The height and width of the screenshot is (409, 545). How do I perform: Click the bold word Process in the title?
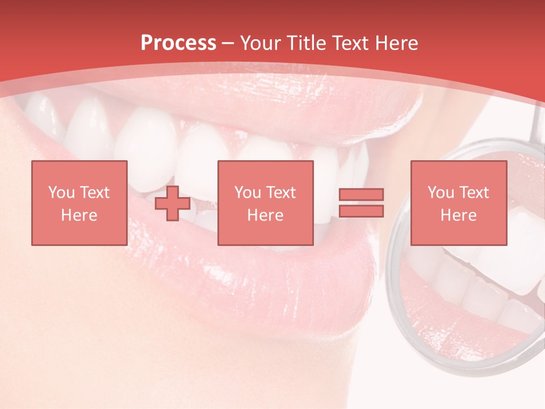[x=178, y=43]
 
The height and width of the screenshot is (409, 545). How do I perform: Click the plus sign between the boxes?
[x=173, y=203]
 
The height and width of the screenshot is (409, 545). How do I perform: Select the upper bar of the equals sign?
[x=361, y=195]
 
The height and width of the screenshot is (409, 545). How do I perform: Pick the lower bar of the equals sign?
[x=361, y=211]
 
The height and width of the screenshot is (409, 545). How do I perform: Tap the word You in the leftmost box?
[x=61, y=193]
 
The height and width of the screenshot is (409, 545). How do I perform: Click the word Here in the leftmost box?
[x=79, y=215]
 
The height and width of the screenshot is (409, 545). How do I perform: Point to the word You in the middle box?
[x=248, y=193]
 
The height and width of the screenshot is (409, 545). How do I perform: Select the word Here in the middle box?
[x=265, y=215]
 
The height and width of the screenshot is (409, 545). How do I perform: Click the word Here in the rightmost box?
[x=458, y=215]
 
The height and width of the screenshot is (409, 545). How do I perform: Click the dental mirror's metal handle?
[x=535, y=122]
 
